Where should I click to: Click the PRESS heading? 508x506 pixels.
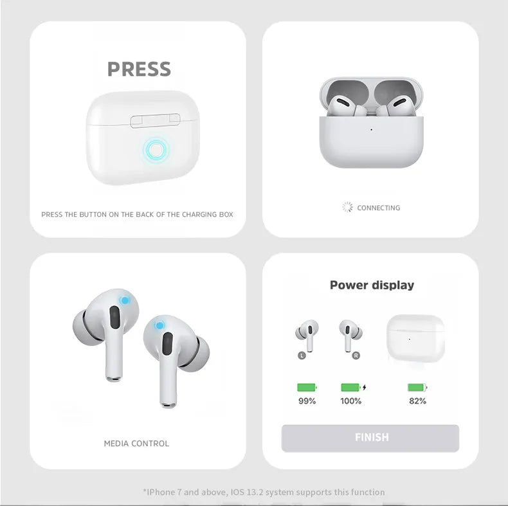tap(139, 69)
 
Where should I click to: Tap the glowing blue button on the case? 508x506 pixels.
tap(156, 150)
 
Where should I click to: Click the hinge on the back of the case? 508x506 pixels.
tap(155, 120)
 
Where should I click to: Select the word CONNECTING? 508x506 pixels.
tap(378, 208)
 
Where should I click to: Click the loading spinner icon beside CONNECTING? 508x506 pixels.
tap(347, 207)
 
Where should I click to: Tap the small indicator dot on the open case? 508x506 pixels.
tap(371, 130)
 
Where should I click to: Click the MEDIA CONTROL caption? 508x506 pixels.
tap(136, 444)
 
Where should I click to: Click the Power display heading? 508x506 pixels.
tap(372, 285)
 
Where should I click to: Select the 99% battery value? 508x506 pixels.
tap(307, 401)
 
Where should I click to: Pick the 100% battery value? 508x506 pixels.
tap(351, 401)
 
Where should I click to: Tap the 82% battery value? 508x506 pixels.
tap(417, 401)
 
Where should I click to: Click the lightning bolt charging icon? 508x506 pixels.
tap(365, 388)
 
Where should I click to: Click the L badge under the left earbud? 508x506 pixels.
tap(302, 356)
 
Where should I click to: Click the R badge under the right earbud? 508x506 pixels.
tap(356, 356)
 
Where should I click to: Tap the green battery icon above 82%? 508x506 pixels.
tap(417, 388)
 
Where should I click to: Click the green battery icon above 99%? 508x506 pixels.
tap(307, 388)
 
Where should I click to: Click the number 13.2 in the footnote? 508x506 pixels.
tap(255, 492)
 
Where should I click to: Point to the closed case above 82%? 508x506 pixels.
tap(415, 338)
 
